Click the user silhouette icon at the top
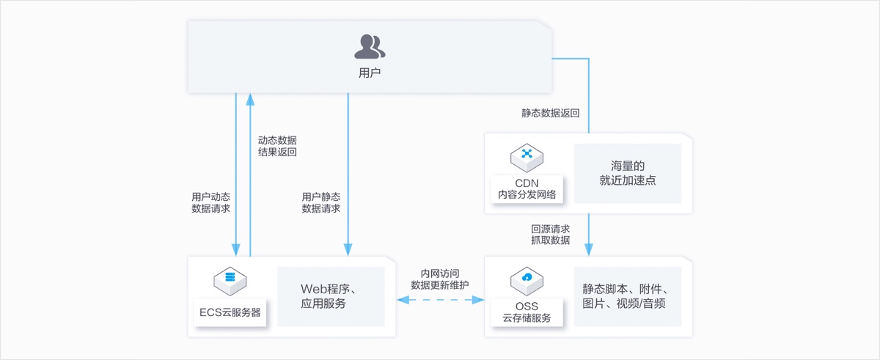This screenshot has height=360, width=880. tap(370, 47)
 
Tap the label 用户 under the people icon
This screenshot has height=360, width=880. tap(370, 73)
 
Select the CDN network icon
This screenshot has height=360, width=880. tap(526, 155)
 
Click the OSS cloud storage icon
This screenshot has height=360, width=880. tap(526, 279)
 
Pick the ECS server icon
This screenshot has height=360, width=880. tap(230, 279)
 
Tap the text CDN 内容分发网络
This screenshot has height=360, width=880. tap(526, 188)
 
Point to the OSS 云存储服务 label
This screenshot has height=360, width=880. tap(526, 312)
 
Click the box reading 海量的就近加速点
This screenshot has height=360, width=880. tap(627, 173)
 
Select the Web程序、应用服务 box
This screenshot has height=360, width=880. tap(331, 296)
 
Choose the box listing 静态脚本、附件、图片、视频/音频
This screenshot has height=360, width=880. tap(627, 296)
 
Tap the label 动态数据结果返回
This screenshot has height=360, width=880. tap(277, 146)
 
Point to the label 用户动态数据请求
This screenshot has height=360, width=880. tap(210, 202)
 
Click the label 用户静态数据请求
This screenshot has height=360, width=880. tap(321, 202)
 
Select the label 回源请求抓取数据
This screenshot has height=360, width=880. tap(550, 234)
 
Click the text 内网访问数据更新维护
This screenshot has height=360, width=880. tap(440, 279)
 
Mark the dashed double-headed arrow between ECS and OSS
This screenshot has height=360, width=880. tap(440, 300)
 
